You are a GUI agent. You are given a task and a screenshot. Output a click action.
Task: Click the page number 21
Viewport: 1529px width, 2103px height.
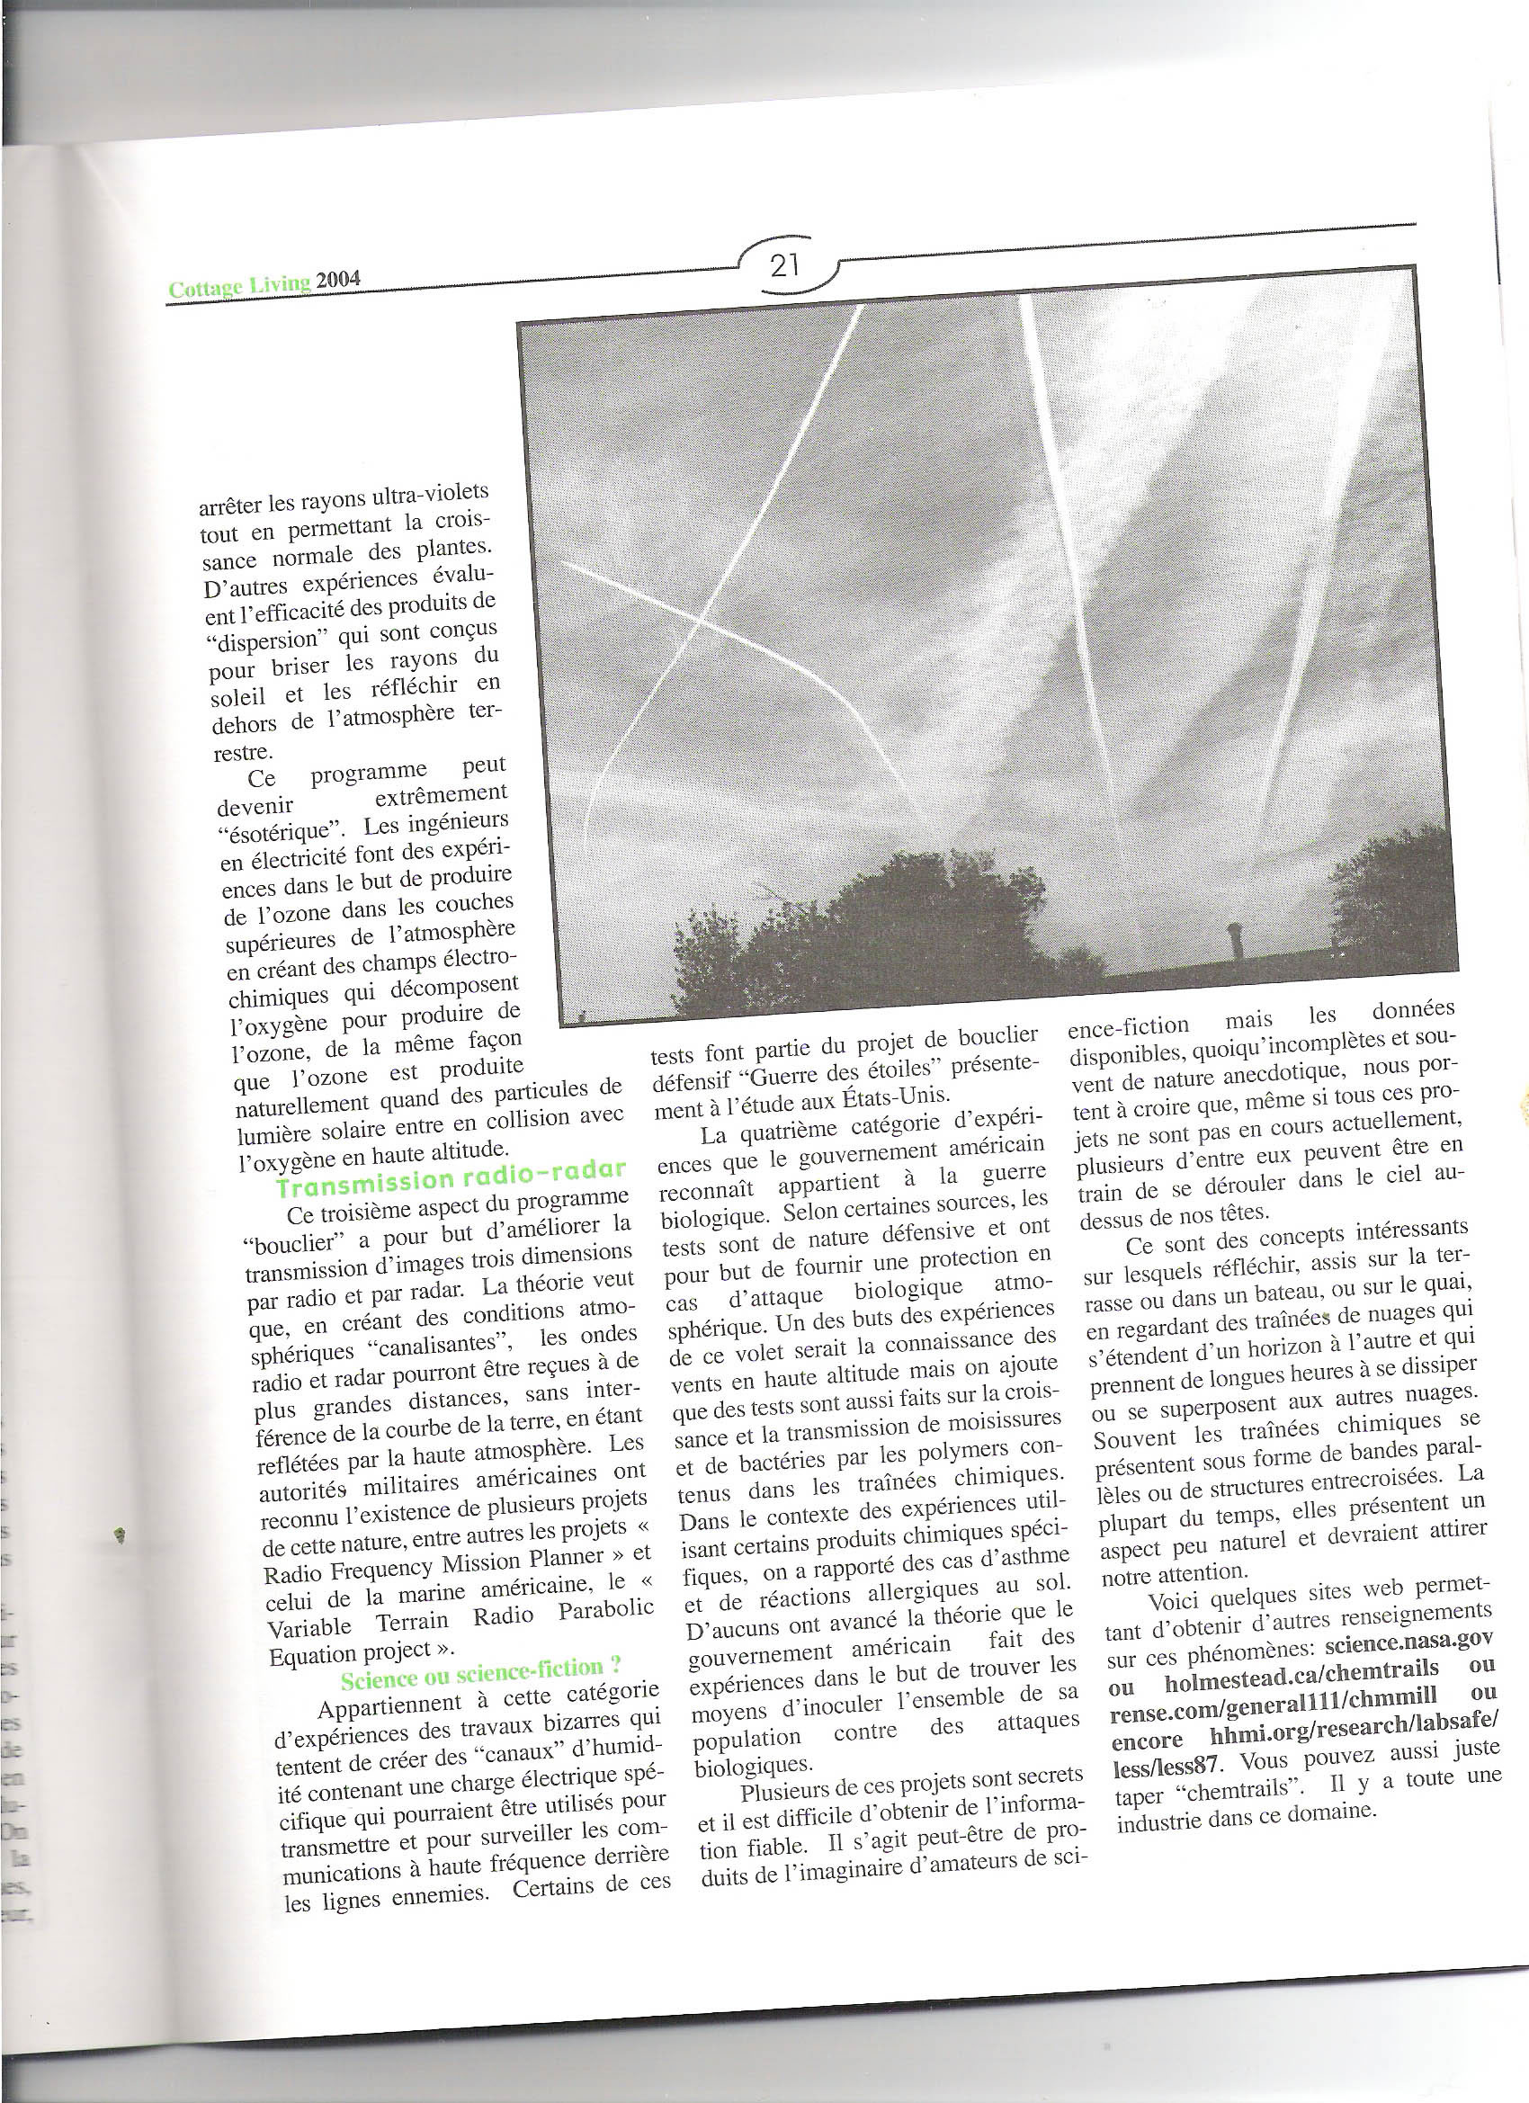784,268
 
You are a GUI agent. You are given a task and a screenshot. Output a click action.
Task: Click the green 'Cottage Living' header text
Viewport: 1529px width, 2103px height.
238,287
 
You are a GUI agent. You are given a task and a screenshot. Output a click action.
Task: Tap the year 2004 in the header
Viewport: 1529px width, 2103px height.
336,282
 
